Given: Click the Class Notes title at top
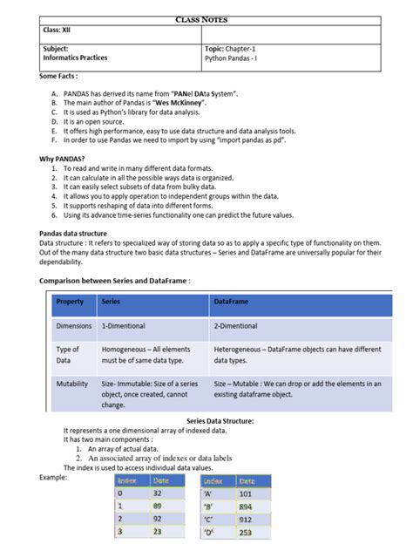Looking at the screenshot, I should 206,18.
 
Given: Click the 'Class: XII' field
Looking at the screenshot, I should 59,31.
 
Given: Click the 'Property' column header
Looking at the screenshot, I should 70,302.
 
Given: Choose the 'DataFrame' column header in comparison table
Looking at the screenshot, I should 231,302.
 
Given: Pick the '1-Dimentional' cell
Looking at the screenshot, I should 130,326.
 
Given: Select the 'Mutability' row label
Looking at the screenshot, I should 73,384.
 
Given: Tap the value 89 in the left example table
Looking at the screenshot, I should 159,506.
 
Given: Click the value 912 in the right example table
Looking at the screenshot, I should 246,519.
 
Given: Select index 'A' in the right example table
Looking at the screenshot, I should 210,493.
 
